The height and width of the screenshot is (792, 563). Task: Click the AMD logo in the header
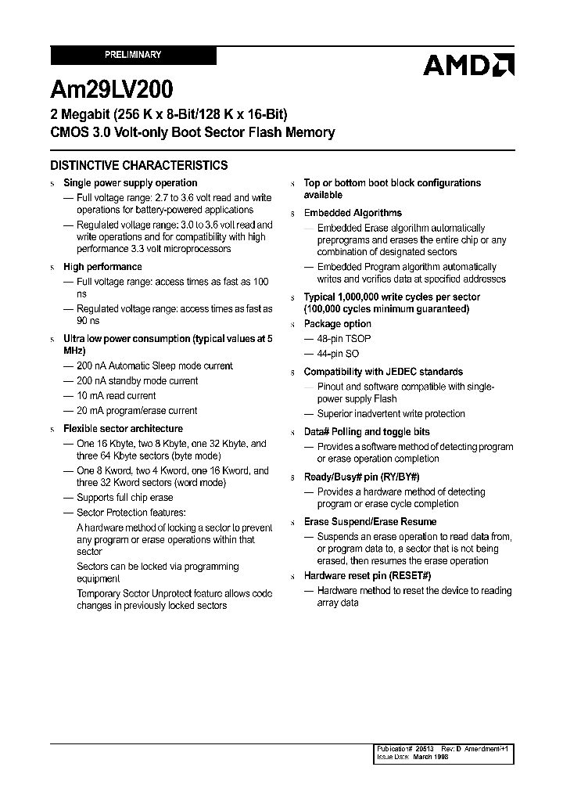(x=468, y=65)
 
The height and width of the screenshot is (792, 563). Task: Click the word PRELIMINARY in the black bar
(x=133, y=55)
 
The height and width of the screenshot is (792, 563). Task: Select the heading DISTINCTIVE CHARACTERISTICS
(x=139, y=166)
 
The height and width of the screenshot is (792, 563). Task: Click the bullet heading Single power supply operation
(x=130, y=183)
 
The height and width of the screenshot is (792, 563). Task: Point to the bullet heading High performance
(x=102, y=267)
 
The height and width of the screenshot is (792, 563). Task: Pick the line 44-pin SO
(x=339, y=354)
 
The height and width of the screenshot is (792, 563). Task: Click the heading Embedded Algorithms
(x=353, y=213)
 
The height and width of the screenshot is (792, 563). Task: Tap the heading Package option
(x=338, y=324)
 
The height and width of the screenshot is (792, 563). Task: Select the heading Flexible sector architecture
(x=123, y=429)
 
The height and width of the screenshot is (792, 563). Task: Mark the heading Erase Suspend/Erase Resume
(x=370, y=522)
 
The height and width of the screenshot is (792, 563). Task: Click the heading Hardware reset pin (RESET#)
(x=368, y=576)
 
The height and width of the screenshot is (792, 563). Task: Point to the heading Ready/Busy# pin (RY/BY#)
(x=361, y=477)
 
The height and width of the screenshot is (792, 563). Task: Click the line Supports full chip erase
(x=125, y=498)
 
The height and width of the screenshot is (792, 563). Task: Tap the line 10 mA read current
(x=116, y=396)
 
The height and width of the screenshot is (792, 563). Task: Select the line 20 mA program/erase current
(x=137, y=411)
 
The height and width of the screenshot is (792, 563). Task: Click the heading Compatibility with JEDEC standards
(x=383, y=373)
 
